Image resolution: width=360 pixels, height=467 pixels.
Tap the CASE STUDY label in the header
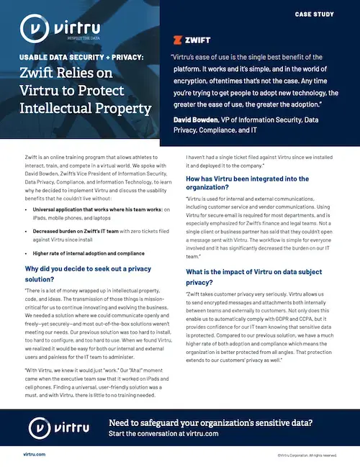click(x=316, y=14)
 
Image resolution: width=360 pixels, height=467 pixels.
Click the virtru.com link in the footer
click(x=34, y=455)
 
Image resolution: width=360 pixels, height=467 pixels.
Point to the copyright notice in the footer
click(x=307, y=455)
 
